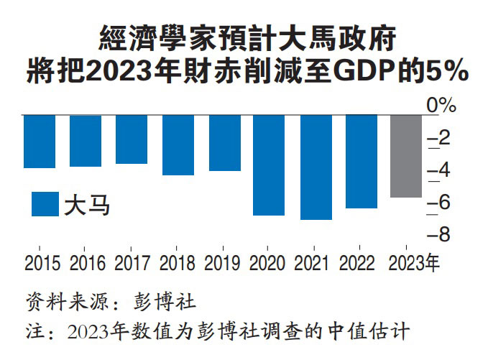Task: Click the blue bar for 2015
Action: (39, 141)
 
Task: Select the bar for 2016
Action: (86, 140)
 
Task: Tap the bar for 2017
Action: (132, 139)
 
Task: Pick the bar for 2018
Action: (178, 144)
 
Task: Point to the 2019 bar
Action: (224, 142)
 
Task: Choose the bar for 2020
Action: (269, 165)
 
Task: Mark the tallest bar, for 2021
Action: (316, 167)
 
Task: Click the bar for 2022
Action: (361, 161)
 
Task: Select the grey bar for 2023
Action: (406, 155)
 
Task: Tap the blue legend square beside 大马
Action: (45, 204)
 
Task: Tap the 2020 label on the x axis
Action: (269, 263)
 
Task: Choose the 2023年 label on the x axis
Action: (413, 263)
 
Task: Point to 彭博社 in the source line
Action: (165, 297)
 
